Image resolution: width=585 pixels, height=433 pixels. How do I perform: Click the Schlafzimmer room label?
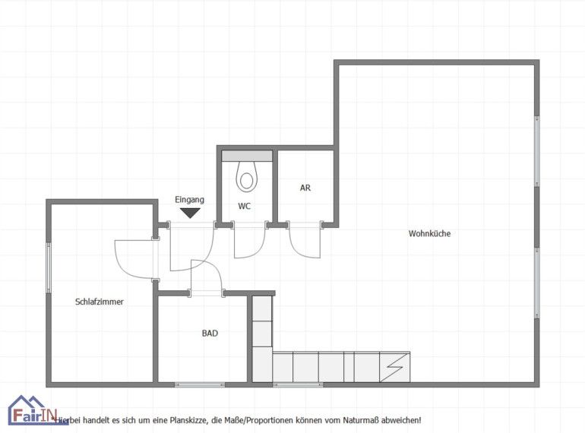pos(100,302)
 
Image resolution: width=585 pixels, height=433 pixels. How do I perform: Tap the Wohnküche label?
pos(429,233)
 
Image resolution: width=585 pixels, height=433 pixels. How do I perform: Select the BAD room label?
pos(210,333)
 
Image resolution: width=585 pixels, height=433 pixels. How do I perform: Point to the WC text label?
pos(245,206)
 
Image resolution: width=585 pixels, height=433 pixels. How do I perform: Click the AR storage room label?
pos(305,188)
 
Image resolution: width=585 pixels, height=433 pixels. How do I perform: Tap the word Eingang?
pos(189,200)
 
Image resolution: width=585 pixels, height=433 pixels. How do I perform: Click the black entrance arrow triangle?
pos(190,213)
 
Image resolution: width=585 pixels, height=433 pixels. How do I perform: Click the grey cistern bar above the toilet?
pos(247,156)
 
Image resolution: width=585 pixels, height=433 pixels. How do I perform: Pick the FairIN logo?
pos(33,410)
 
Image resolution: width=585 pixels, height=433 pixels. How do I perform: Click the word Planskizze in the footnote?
pos(189,420)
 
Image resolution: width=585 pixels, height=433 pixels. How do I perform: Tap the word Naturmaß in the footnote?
pos(362,420)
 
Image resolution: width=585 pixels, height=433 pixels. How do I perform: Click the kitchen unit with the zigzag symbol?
pos(395,367)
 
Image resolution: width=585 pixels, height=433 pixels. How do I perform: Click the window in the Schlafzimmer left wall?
pos(49,268)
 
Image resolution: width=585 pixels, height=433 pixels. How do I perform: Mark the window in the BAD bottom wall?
pos(200,384)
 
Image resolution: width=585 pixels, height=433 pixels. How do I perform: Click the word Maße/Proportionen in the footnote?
pos(258,420)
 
